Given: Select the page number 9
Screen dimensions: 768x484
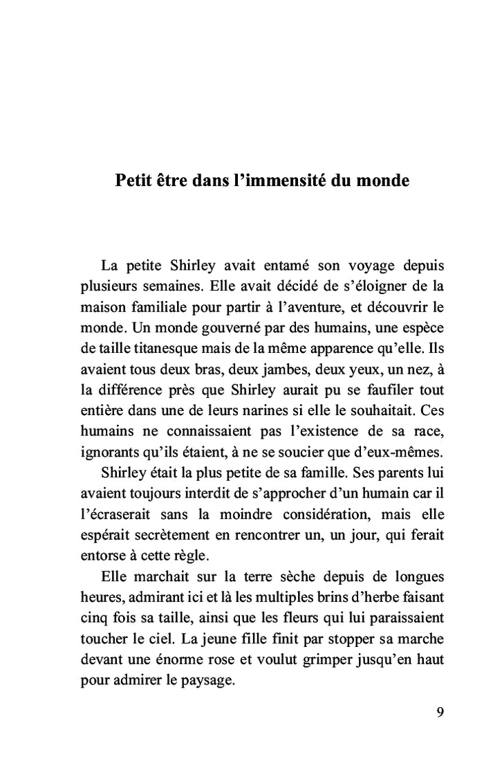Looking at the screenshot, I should tap(440, 713).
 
